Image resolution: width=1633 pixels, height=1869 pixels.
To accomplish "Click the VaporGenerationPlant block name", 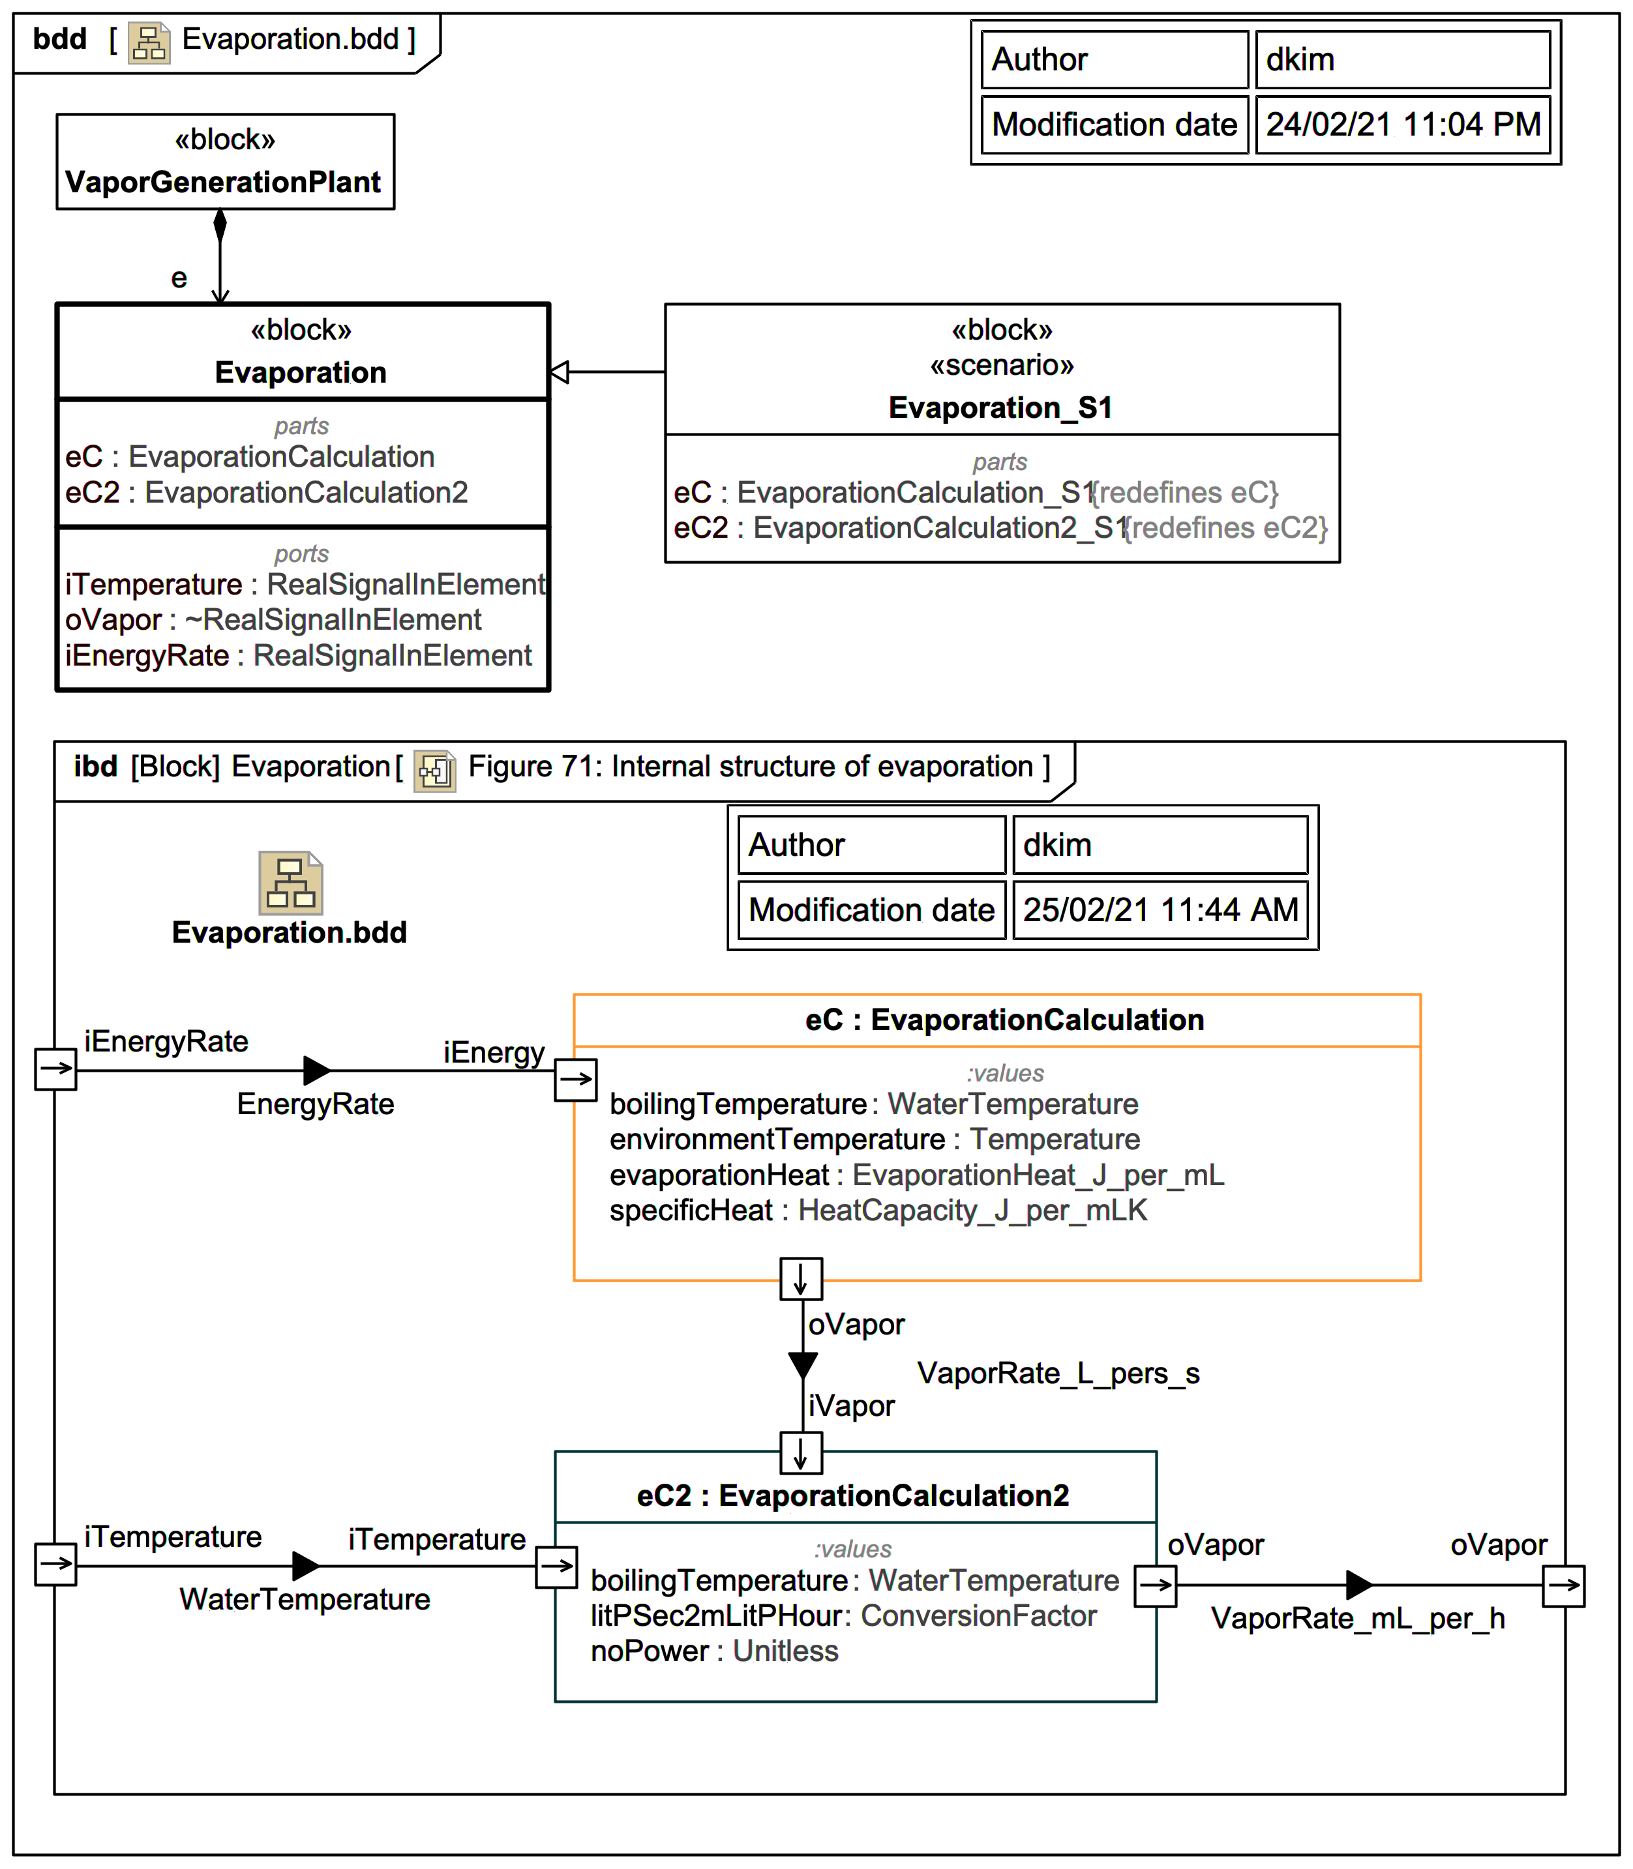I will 223,182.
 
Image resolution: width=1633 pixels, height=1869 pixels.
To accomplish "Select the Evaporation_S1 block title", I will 1000,407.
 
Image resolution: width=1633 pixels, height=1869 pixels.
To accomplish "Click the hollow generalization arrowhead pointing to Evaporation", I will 560,372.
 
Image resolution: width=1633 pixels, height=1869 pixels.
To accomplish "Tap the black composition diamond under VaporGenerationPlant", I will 220,225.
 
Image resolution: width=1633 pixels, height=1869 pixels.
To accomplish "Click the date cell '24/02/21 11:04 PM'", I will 1402,124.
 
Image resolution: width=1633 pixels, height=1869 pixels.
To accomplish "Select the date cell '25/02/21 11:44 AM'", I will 1160,909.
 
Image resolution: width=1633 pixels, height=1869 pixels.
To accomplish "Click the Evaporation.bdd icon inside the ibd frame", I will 291,883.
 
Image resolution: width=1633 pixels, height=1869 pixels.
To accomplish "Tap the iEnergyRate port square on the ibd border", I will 55,1068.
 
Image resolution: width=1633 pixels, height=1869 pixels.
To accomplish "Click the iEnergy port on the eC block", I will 576,1080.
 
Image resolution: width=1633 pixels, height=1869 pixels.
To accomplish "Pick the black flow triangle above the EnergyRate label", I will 316,1070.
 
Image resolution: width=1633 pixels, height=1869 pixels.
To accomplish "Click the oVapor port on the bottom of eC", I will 801,1279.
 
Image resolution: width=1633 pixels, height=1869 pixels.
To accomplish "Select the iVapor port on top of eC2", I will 801,1452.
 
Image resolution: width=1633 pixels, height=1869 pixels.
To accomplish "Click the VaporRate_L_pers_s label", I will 1058,1373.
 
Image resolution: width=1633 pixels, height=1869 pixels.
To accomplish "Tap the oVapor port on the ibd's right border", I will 1564,1585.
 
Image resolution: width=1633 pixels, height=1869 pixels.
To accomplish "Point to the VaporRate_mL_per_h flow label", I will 1358,1619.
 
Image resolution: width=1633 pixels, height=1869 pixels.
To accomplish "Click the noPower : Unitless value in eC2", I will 715,1651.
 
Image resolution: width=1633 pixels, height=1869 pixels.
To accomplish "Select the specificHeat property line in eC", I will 878,1211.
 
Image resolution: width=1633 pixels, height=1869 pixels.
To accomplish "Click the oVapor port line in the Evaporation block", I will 273,619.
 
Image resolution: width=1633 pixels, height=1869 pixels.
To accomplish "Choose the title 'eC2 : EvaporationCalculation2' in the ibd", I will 853,1495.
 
